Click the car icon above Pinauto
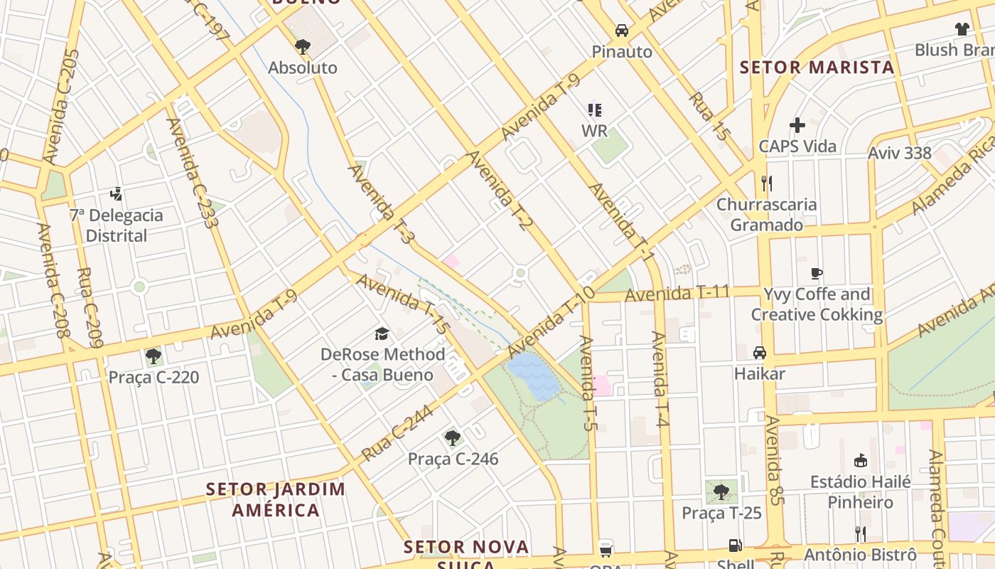tap(622, 30)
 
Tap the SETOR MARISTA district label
tap(817, 68)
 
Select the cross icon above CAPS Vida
tap(797, 125)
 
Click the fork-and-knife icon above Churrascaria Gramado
tap(766, 184)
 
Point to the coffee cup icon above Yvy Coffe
tap(817, 273)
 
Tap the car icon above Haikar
tap(760, 353)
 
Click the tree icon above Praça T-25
tap(721, 491)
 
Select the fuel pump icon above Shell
tap(735, 546)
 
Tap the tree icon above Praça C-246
tap(453, 437)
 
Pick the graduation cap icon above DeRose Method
tap(382, 334)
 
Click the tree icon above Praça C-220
tap(153, 356)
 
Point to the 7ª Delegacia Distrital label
tap(116, 225)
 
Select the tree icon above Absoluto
tap(303, 47)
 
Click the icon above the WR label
tap(595, 110)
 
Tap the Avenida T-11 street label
tap(677, 293)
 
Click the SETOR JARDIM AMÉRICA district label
tap(276, 499)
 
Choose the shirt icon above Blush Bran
tap(962, 29)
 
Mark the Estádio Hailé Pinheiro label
tap(861, 491)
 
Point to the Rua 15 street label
tap(709, 116)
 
